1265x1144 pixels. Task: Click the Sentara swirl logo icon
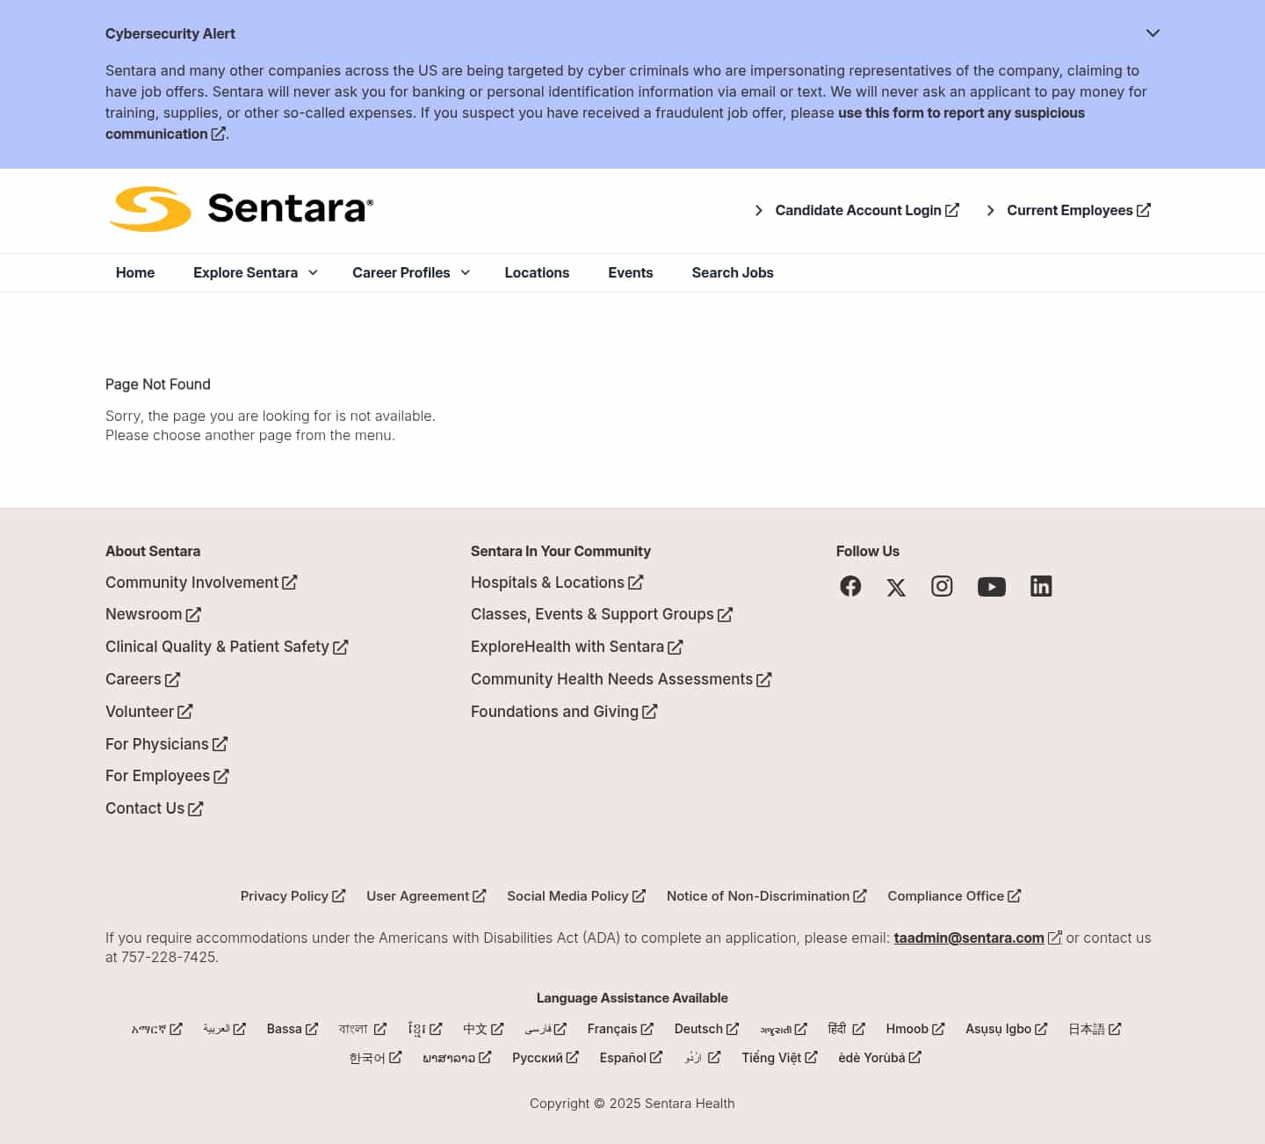click(150, 209)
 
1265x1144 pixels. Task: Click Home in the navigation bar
click(135, 273)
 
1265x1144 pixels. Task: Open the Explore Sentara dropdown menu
click(255, 273)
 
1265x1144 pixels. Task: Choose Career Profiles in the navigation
click(410, 273)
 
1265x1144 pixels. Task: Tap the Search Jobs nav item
click(733, 273)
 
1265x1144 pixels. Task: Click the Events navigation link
click(630, 273)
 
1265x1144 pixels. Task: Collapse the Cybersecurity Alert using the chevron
click(1153, 33)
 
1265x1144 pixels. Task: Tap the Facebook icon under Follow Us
click(850, 586)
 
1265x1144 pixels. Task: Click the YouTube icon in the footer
click(991, 587)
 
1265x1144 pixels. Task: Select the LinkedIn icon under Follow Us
click(1041, 586)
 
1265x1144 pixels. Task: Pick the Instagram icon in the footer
click(942, 586)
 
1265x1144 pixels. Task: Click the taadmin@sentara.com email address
click(969, 938)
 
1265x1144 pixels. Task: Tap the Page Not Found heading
click(158, 385)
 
